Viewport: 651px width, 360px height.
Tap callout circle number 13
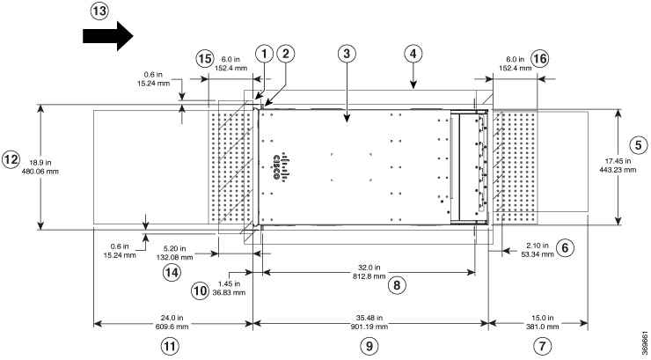(102, 11)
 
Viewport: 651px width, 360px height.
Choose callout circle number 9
(370, 345)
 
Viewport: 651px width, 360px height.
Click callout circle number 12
(11, 160)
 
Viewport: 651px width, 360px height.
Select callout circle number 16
(539, 57)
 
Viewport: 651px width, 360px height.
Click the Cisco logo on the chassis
(281, 166)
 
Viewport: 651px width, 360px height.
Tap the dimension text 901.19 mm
(369, 325)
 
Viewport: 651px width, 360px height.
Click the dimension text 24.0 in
(172, 316)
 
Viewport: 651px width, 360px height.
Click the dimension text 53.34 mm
(535, 254)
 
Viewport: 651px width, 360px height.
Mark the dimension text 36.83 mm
(233, 293)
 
